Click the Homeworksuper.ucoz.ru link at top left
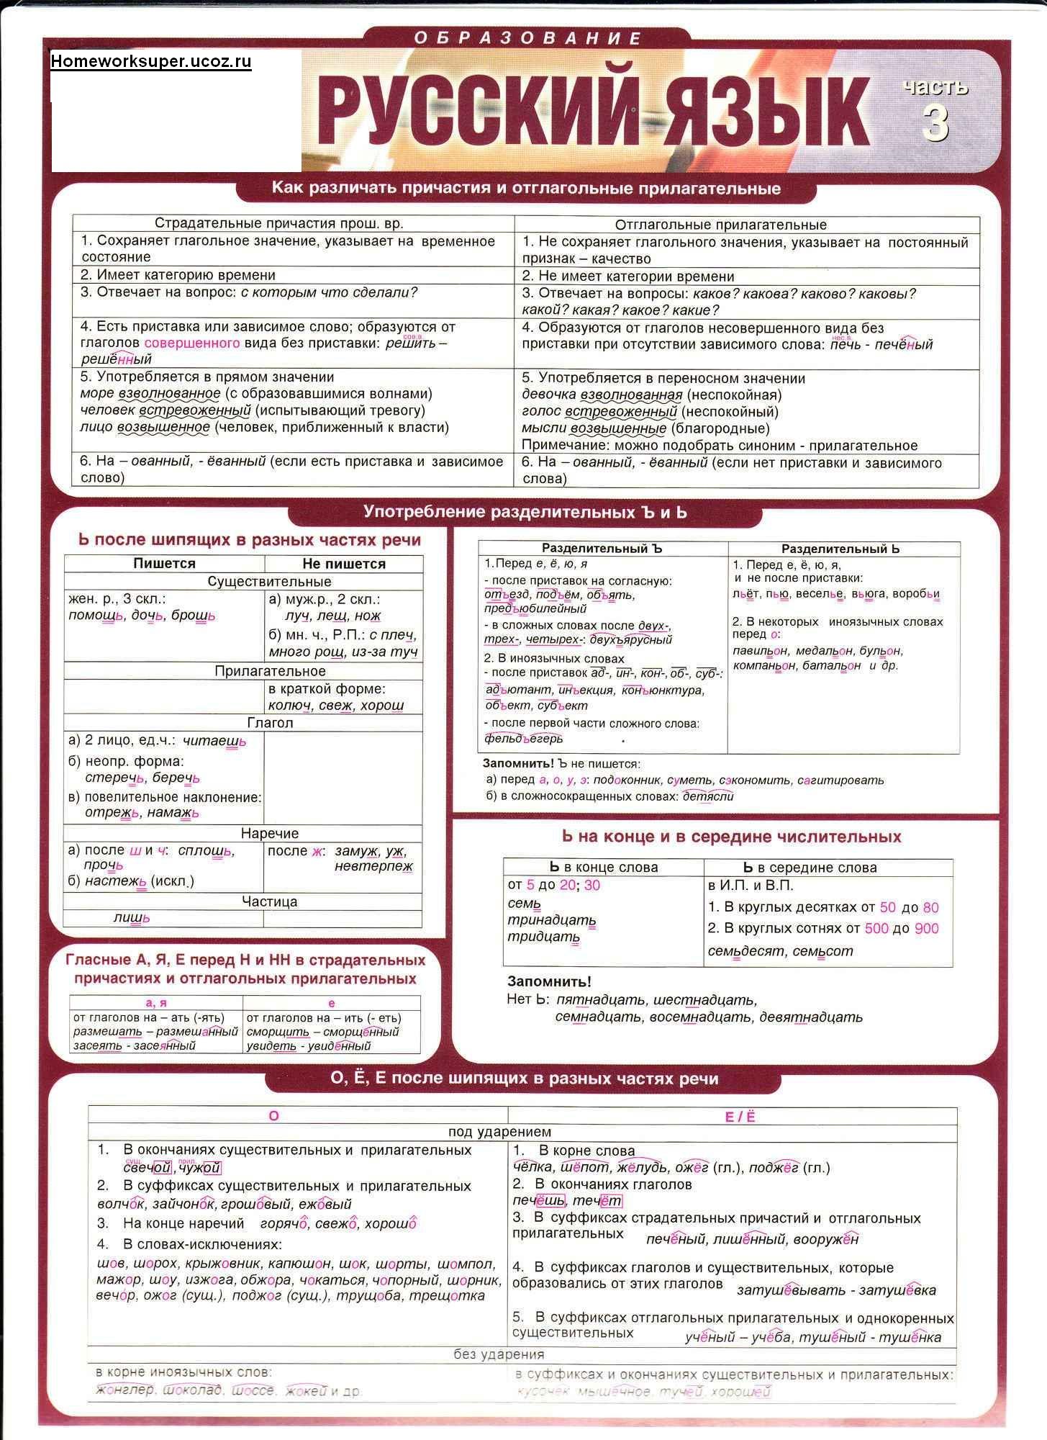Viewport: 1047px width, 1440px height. (151, 61)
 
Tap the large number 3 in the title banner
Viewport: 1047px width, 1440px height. (935, 122)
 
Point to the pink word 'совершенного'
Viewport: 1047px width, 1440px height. (192, 343)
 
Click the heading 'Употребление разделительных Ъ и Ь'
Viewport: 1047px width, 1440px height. (525, 513)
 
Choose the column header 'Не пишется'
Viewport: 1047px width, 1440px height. (343, 564)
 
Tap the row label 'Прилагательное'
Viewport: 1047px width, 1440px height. (270, 671)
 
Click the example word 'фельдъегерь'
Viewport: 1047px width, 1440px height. (524, 738)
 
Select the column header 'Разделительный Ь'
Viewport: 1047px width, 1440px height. (840, 549)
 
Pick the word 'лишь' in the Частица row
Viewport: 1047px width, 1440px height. (132, 917)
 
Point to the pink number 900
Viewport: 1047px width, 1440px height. (927, 928)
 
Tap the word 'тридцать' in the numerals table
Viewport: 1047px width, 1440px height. (543, 937)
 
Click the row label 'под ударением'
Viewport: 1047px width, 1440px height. (499, 1133)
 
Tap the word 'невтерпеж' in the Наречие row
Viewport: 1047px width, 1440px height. (373, 866)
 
